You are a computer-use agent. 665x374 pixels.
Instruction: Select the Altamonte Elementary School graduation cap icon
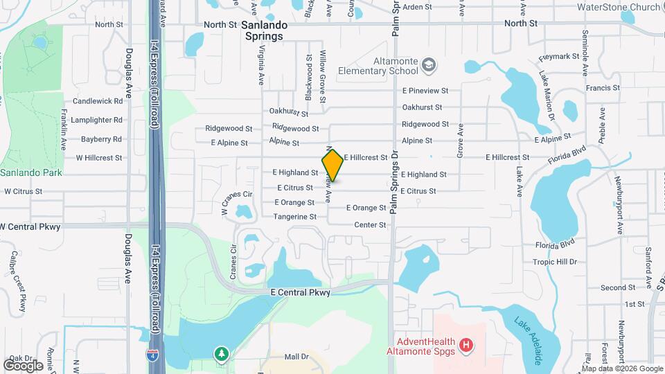[429, 65]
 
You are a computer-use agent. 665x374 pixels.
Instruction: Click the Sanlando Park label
[31, 172]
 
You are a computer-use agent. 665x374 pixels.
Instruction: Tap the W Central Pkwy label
[30, 226]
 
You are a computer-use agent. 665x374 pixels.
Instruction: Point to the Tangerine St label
[294, 217]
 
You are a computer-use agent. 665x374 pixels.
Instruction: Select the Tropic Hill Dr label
[555, 262]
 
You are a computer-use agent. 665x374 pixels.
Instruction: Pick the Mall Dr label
[296, 357]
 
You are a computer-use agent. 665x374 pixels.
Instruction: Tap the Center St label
[369, 225]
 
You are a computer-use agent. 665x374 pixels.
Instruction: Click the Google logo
[24, 365]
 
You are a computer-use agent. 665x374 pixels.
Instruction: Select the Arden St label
[417, 7]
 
